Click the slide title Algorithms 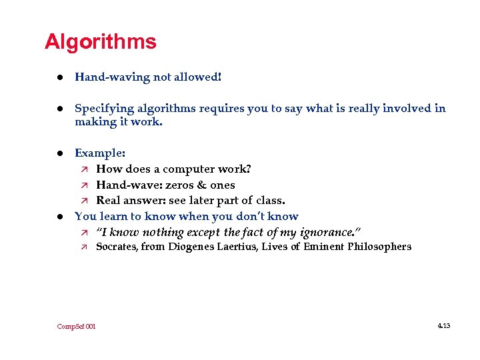point(100,42)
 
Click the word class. point(269,201)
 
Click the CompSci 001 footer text point(77,327)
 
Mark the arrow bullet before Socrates point(83,247)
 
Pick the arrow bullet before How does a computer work point(83,169)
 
